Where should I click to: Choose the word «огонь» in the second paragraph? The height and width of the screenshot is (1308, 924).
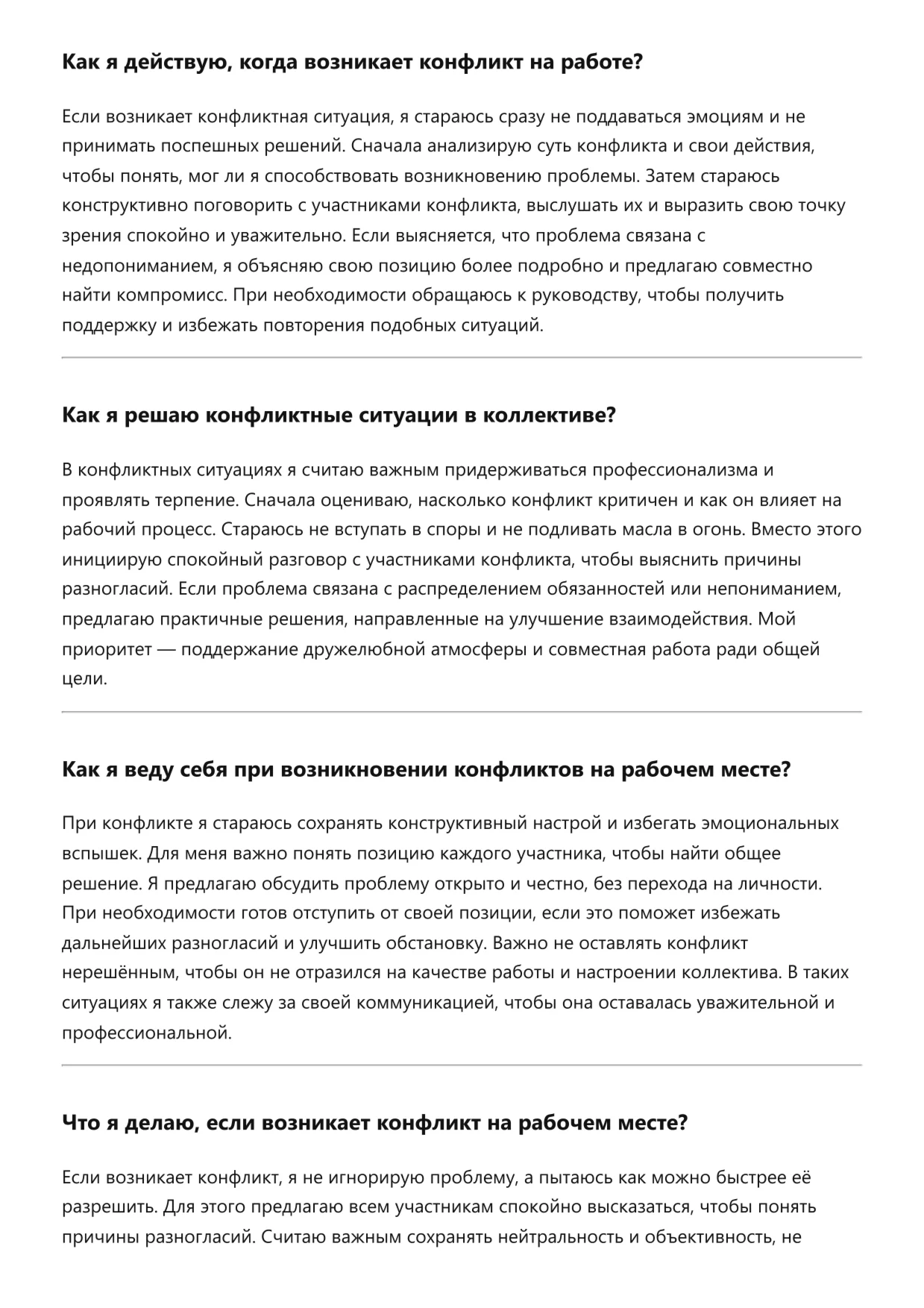pos(719,530)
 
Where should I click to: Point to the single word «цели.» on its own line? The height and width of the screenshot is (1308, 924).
pos(84,679)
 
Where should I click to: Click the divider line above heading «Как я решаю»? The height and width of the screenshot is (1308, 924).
pos(462,358)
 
